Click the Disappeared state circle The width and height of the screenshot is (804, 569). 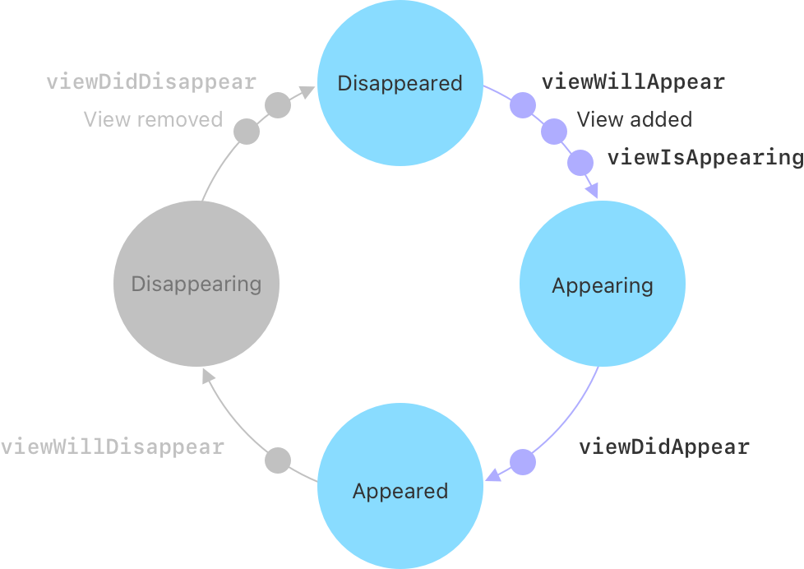[x=400, y=84]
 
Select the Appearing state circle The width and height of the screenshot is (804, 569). [x=602, y=285]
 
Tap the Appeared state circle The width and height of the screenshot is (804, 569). [x=400, y=490]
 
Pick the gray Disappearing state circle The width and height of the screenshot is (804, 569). [x=196, y=284]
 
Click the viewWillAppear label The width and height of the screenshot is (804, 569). [x=633, y=82]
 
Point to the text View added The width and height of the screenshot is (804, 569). [x=634, y=119]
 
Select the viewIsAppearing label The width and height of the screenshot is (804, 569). [x=705, y=158]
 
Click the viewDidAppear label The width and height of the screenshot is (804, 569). [x=664, y=447]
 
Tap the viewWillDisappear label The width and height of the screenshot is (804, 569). [x=113, y=447]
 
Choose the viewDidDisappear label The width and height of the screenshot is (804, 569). [x=151, y=82]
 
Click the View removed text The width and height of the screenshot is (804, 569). [x=153, y=119]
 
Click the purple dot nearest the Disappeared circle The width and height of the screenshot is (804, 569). [x=523, y=105]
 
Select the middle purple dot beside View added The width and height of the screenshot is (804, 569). [x=554, y=131]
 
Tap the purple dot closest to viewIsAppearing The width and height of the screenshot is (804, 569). [x=580, y=162]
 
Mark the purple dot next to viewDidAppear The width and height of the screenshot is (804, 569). [x=523, y=462]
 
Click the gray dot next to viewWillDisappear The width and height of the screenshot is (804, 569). [x=278, y=460]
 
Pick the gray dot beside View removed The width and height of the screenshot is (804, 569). [x=247, y=132]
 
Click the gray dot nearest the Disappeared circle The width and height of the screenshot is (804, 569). [x=278, y=105]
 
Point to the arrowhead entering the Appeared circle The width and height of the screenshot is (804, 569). [x=493, y=476]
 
